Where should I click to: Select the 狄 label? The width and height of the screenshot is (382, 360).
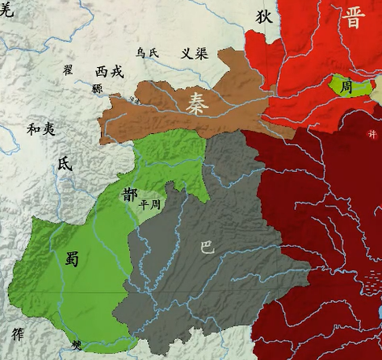[x=264, y=16]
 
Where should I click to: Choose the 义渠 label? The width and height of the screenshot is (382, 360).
[x=194, y=54]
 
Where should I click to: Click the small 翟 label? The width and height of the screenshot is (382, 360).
[x=68, y=69]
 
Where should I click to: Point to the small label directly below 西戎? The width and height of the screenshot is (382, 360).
[x=97, y=88]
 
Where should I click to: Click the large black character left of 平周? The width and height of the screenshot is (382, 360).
[x=130, y=195]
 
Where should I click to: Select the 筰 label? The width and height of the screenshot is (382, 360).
[x=18, y=333]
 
